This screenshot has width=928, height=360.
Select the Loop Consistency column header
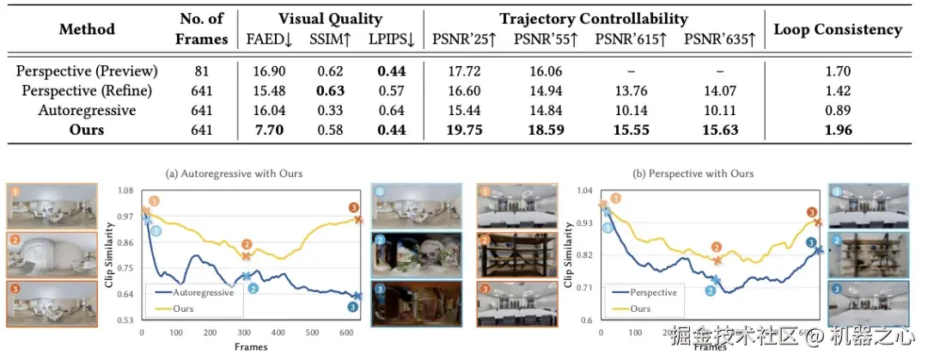point(838,29)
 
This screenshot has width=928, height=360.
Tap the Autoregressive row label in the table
point(87,110)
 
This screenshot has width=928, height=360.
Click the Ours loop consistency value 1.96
point(838,129)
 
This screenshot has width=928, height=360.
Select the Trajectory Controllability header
point(593,18)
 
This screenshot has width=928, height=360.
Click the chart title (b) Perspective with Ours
point(693,174)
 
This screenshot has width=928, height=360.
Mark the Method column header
point(87,29)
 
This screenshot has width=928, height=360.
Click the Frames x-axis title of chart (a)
point(250,347)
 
